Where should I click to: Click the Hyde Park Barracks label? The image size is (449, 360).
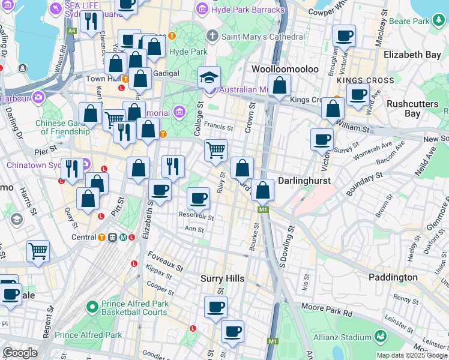tap(247, 10)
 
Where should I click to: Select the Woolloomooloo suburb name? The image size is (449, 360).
tap(285, 69)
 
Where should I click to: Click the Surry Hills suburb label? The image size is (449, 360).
tap(222, 278)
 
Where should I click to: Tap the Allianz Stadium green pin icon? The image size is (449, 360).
tap(380, 336)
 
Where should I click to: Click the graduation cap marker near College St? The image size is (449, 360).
tap(209, 77)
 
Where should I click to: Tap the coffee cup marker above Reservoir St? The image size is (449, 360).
tap(198, 197)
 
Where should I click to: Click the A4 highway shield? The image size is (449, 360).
tap(72, 30)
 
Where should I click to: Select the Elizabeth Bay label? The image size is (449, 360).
tap(412, 55)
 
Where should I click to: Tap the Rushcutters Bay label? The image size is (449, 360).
tap(412, 108)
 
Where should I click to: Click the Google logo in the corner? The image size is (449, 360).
tap(20, 353)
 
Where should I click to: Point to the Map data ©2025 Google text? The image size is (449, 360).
tap(412, 355)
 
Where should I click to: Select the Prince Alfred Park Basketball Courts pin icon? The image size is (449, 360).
tap(92, 307)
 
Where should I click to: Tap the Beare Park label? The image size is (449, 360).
tap(423, 21)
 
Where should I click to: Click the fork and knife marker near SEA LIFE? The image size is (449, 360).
tap(91, 23)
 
